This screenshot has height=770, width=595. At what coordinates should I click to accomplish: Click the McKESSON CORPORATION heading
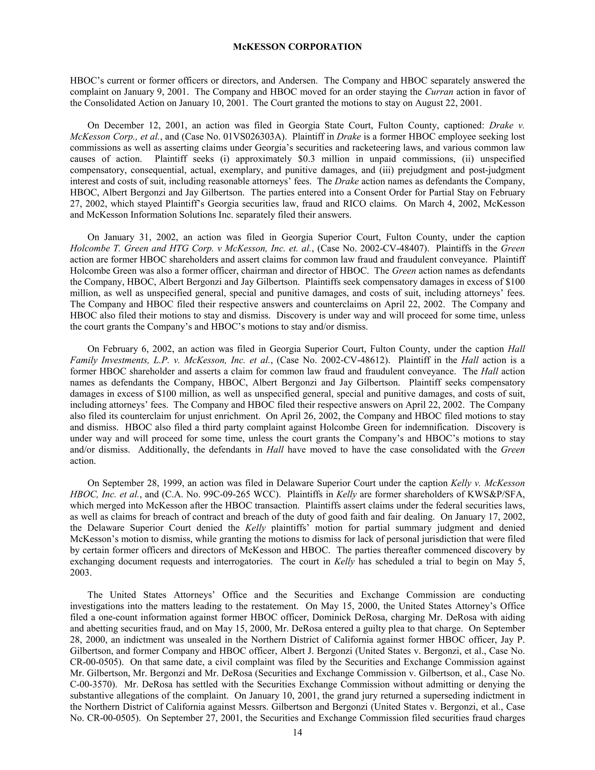click(x=297, y=47)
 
